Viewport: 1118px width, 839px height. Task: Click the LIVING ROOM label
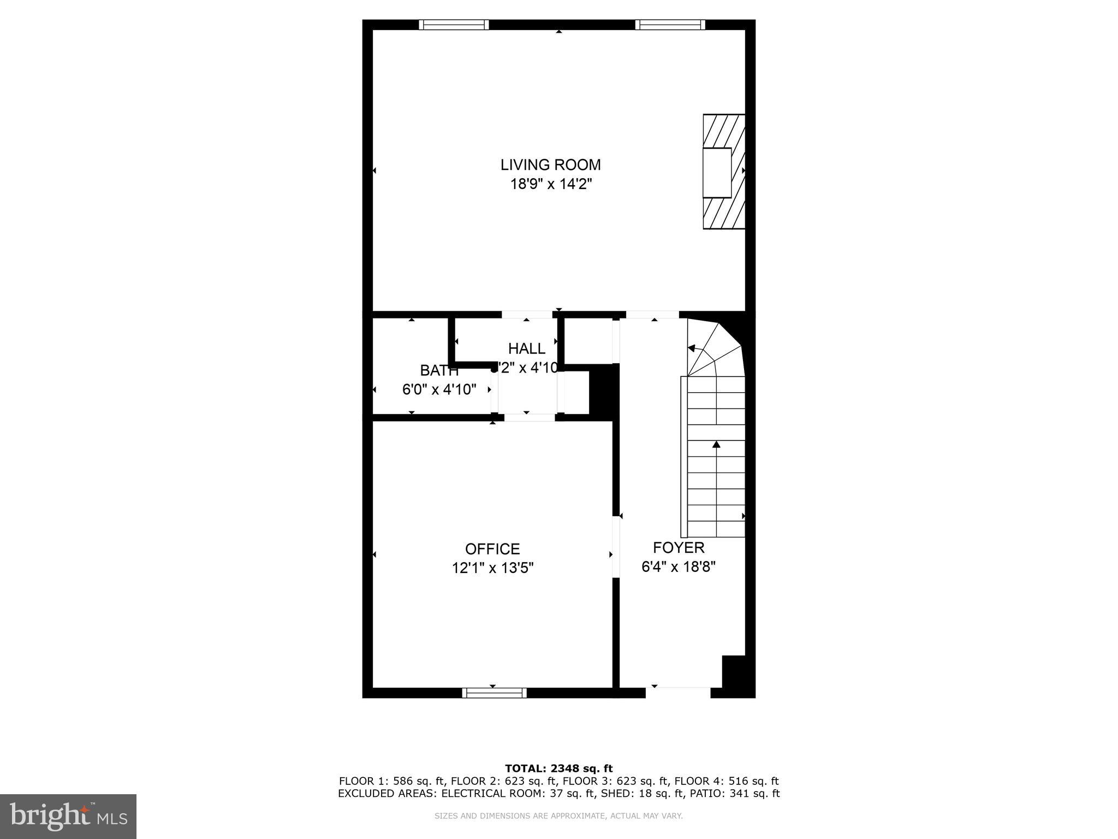coord(551,164)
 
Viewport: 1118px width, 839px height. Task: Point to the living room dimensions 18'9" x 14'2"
coord(551,184)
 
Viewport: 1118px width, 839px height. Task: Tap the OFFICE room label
coord(492,548)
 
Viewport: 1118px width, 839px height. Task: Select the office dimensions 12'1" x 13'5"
coord(492,568)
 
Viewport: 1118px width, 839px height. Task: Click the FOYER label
coord(679,547)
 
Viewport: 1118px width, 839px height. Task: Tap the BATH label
coord(439,370)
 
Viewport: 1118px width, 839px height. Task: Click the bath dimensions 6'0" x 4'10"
coord(439,389)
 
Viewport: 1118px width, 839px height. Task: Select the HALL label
coord(526,348)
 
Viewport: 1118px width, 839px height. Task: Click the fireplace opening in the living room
coord(716,172)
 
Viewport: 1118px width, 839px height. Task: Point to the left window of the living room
coord(454,25)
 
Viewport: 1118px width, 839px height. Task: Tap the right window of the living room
coord(670,25)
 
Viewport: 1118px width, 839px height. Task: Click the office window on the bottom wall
coord(494,693)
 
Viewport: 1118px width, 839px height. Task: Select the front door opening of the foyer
coord(678,692)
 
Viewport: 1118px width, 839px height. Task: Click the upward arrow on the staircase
coord(716,445)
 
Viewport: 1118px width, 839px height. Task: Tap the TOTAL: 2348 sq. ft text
coord(558,769)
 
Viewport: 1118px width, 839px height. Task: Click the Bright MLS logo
coord(68,816)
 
